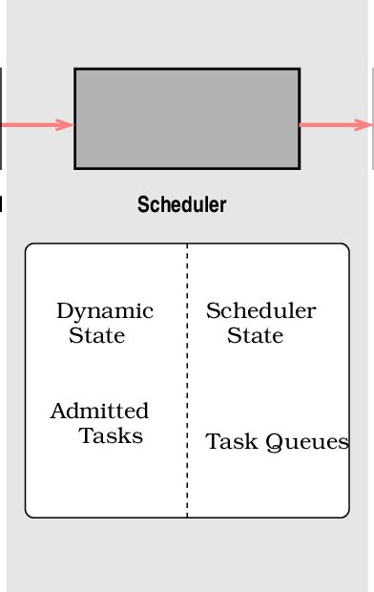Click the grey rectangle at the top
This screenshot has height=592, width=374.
pos(187,118)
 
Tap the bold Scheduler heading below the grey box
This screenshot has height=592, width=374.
pos(182,204)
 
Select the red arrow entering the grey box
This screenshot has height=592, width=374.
pos(36,124)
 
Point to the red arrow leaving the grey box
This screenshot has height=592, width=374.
pos(334,124)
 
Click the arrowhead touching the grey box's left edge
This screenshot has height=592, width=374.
pos(67,124)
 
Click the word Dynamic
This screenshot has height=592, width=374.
pos(105,311)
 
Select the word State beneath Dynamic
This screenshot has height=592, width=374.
pos(96,336)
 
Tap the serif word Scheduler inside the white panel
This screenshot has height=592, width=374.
pos(260,311)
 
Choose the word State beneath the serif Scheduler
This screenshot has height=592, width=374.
pos(255,336)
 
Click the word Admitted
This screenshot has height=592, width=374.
pos(99,412)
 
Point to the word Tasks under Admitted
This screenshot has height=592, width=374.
pos(111,436)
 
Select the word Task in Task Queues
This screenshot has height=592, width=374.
pos(232,442)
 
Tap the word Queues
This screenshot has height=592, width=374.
pos(307,442)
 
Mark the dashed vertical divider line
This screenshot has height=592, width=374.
pos(187,382)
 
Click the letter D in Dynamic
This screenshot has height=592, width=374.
pos(64,311)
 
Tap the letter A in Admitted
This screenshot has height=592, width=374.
pos(57,412)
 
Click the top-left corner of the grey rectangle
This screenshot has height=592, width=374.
pos(75,70)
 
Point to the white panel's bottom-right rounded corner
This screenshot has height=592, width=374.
pos(344,513)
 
